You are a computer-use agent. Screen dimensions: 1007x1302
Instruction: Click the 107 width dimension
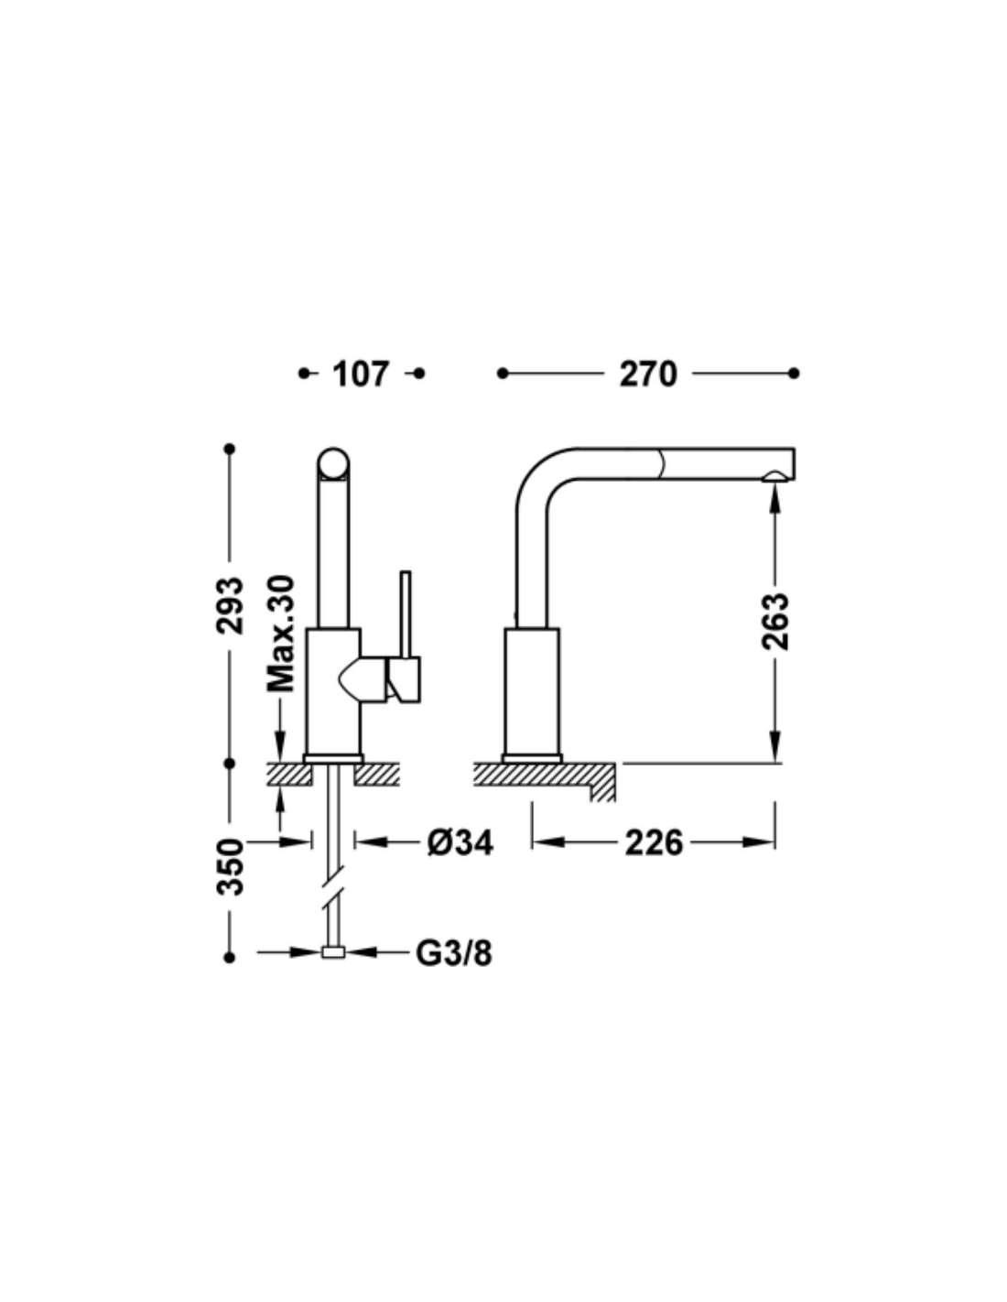(362, 374)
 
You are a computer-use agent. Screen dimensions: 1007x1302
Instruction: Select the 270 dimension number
(647, 374)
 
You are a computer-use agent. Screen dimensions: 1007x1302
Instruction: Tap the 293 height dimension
(230, 605)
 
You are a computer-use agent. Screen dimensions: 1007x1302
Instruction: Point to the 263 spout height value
(775, 622)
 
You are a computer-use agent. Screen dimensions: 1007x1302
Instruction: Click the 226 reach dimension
(654, 843)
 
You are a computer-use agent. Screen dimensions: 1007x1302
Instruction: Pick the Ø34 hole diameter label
(460, 843)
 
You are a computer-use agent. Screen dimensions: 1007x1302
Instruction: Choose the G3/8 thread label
(453, 952)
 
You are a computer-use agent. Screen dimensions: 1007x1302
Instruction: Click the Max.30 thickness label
(280, 634)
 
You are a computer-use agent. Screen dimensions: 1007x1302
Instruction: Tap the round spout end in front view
(333, 464)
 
